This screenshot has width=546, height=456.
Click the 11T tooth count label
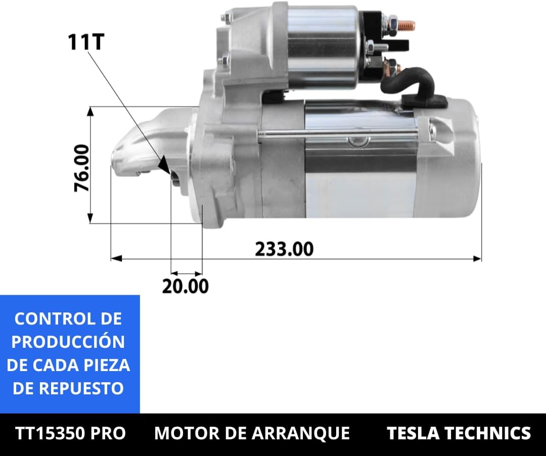[x=85, y=42]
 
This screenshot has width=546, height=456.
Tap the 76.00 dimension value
[x=82, y=168]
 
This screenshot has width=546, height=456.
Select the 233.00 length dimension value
[x=284, y=249]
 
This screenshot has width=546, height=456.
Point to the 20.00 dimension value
[x=185, y=286]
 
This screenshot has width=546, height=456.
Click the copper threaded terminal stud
[x=406, y=25]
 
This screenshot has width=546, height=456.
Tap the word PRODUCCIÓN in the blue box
[x=68, y=342]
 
